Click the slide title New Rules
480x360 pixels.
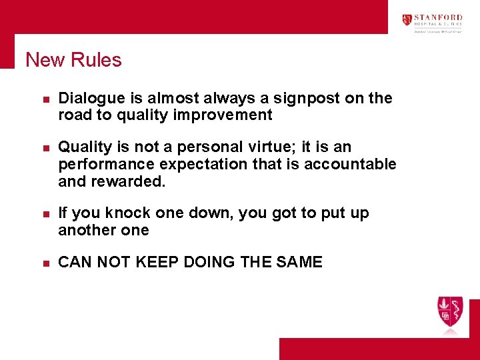click(73, 60)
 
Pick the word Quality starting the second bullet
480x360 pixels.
click(83, 147)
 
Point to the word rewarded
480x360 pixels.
click(132, 181)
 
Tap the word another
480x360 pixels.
click(87, 230)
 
